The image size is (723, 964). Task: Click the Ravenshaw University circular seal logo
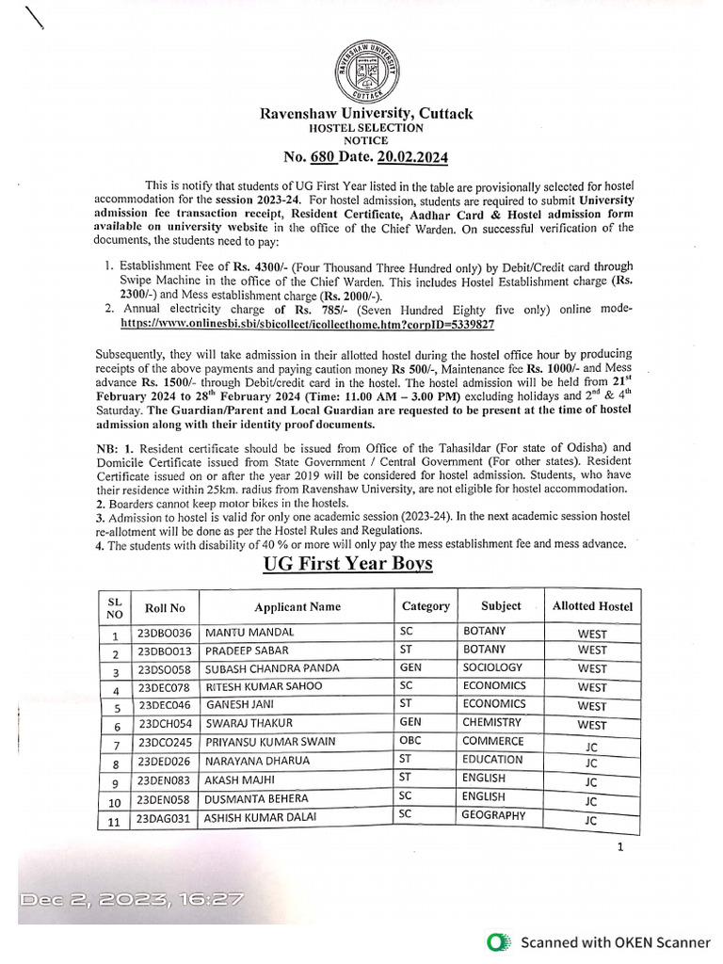[x=366, y=72]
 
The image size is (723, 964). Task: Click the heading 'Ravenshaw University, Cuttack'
[x=366, y=114]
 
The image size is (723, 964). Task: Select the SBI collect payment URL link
[x=308, y=322]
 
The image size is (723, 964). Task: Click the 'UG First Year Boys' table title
[x=347, y=563]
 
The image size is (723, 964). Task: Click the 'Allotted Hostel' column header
[x=592, y=606]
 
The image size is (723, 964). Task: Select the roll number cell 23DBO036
[x=165, y=633]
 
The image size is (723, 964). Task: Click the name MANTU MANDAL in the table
[x=249, y=633]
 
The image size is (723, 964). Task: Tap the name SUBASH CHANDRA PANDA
[x=272, y=668]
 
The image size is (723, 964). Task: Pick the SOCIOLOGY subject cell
[x=491, y=667]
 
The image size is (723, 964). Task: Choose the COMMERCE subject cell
[x=492, y=741]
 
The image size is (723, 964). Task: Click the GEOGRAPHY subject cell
[x=493, y=815]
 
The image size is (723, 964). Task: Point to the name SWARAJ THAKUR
[x=249, y=723]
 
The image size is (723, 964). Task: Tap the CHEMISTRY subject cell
[x=491, y=722]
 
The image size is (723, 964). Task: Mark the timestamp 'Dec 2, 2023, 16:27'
[x=132, y=899]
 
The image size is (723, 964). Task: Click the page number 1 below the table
[x=620, y=847]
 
